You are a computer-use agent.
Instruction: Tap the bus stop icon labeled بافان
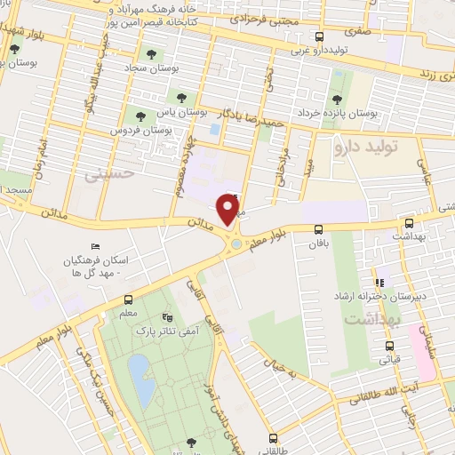click(318, 229)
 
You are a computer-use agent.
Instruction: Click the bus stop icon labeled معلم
click(129, 299)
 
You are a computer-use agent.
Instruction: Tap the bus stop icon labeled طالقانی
click(273, 437)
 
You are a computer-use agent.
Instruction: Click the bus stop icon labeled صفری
click(320, 37)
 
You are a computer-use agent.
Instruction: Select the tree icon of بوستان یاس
click(181, 97)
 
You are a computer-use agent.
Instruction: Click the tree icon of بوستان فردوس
click(139, 115)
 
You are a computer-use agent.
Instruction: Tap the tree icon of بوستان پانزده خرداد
click(335, 99)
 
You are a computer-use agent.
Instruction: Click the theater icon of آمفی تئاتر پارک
click(167, 316)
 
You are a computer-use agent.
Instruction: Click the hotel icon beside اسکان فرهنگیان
click(96, 247)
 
